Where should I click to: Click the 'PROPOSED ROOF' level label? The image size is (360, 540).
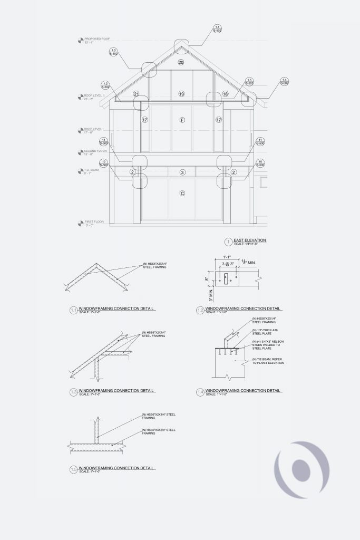click(x=97, y=39)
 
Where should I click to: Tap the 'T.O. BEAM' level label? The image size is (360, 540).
click(x=91, y=170)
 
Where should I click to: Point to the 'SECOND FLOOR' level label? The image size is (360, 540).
click(x=95, y=151)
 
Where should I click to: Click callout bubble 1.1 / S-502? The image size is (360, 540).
click(x=217, y=29)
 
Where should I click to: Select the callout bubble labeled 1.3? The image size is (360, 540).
click(x=113, y=52)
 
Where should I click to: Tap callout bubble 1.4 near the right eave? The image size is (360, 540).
click(x=284, y=81)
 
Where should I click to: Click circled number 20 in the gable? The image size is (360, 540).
click(x=181, y=63)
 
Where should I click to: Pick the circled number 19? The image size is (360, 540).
click(x=181, y=94)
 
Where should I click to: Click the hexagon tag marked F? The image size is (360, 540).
click(x=182, y=120)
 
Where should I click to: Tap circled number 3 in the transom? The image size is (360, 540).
click(x=182, y=172)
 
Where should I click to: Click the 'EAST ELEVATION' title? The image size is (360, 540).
click(x=249, y=240)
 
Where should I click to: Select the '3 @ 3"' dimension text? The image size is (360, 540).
click(x=228, y=263)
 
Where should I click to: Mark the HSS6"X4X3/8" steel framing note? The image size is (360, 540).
click(x=159, y=432)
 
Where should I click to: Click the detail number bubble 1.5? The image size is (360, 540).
click(x=73, y=469)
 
